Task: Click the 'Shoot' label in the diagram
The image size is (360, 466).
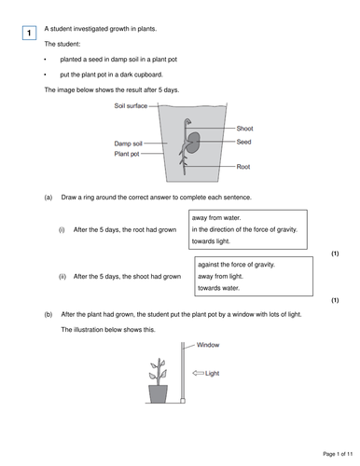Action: click(x=244, y=128)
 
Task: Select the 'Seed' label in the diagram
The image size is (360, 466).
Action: click(x=243, y=143)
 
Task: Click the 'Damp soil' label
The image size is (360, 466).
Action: click(x=129, y=144)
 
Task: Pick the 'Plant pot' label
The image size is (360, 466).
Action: click(x=128, y=154)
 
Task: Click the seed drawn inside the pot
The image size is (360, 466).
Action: click(x=195, y=144)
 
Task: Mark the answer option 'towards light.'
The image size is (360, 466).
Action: click(x=215, y=242)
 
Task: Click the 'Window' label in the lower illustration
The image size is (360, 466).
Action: click(x=209, y=344)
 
